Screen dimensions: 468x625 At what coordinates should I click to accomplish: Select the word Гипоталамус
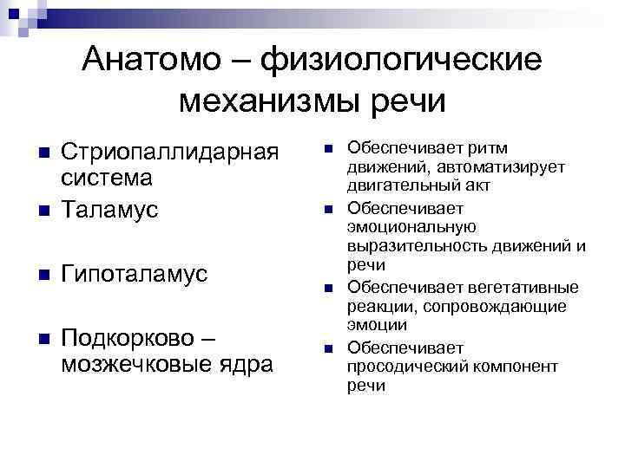coord(135,274)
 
